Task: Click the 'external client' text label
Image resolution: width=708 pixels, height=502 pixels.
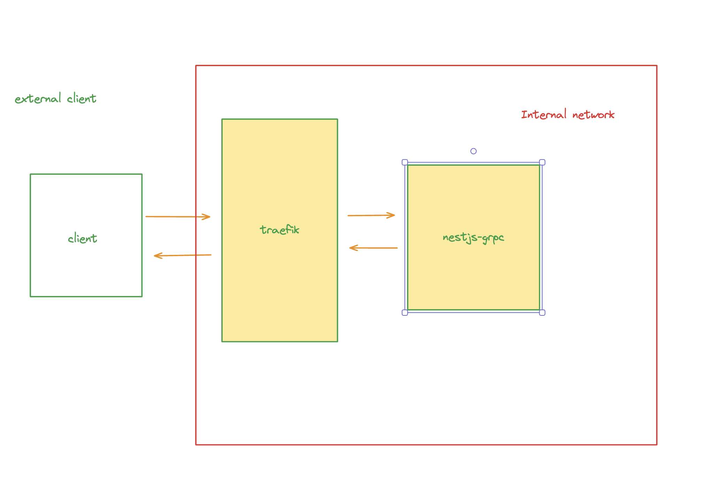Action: pyautogui.click(x=55, y=99)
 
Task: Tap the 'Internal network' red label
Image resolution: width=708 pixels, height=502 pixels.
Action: pyautogui.click(x=568, y=115)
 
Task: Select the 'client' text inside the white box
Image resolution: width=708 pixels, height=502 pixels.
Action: pyautogui.click(x=83, y=239)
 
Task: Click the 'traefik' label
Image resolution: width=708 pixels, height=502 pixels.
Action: pyautogui.click(x=280, y=230)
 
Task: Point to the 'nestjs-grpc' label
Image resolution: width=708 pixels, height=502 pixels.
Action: pyautogui.click(x=473, y=238)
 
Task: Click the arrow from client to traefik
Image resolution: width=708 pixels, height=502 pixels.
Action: pyautogui.click(x=178, y=217)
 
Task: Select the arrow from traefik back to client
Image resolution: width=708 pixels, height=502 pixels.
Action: pyautogui.click(x=183, y=256)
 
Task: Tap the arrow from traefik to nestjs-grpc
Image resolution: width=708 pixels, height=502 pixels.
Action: pyautogui.click(x=371, y=215)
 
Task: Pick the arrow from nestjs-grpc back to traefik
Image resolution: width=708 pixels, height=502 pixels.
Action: pyautogui.click(x=373, y=248)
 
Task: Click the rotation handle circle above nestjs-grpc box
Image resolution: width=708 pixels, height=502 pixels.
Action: pyautogui.click(x=474, y=151)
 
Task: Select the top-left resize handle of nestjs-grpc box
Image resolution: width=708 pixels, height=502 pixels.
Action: pyautogui.click(x=405, y=162)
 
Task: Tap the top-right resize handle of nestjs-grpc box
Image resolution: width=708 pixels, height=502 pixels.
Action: pyautogui.click(x=542, y=162)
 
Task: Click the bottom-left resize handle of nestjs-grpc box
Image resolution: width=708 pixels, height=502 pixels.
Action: pyautogui.click(x=405, y=313)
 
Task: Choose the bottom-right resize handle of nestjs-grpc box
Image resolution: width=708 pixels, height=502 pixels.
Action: pyautogui.click(x=542, y=313)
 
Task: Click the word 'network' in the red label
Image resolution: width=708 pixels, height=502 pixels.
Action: pyautogui.click(x=593, y=115)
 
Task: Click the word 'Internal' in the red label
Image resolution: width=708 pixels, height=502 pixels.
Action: pyautogui.click(x=544, y=115)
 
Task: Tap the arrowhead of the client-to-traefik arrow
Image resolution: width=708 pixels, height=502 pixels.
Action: pyautogui.click(x=208, y=217)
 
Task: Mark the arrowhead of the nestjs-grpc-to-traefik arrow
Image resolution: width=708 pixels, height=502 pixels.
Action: pyautogui.click(x=352, y=248)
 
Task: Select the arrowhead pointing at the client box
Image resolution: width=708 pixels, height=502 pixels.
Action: pyautogui.click(x=157, y=256)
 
